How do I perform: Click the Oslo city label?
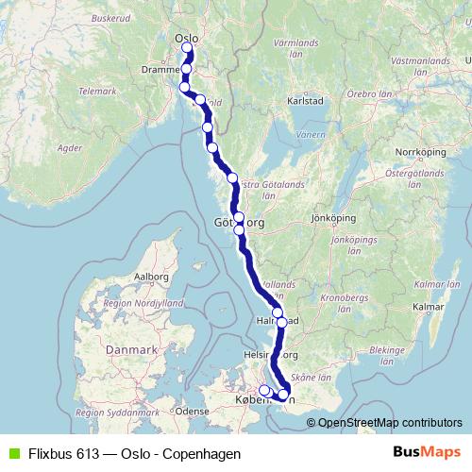(x=185, y=38)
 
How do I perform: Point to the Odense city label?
(x=192, y=412)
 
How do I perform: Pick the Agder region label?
(x=71, y=148)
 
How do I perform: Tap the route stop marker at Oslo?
(x=188, y=48)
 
